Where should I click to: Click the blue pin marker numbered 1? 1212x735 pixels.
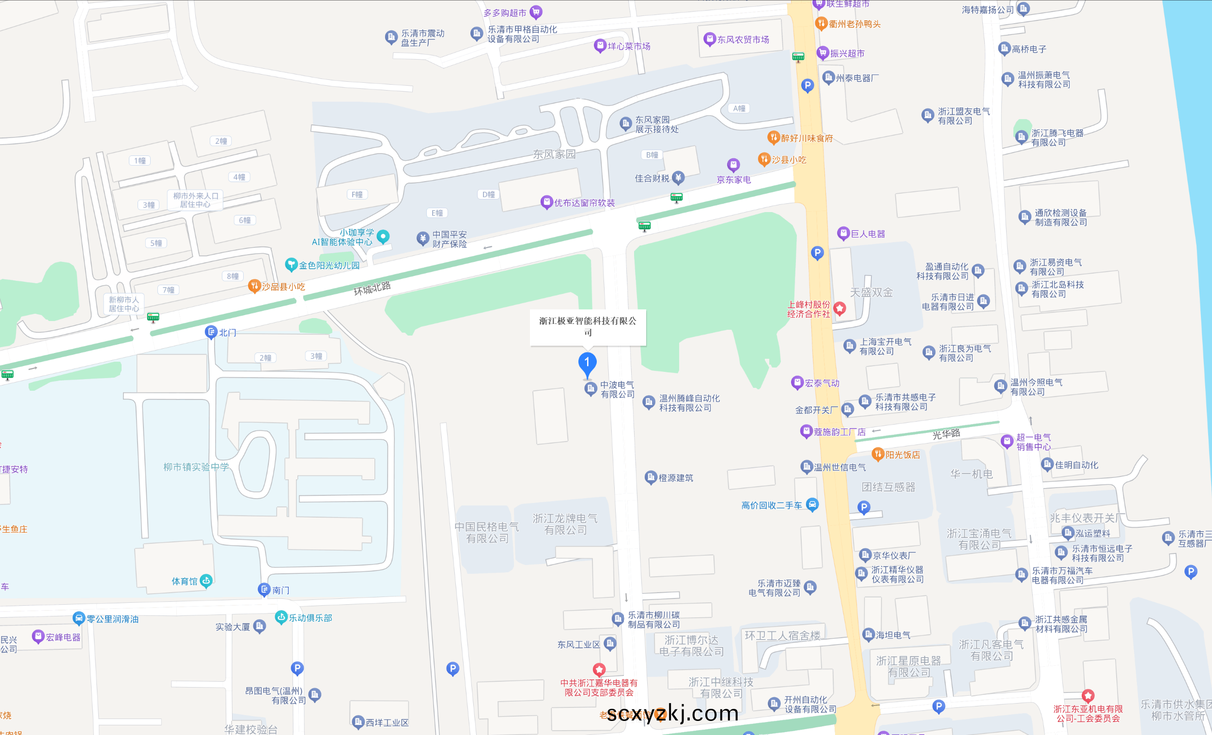pyautogui.click(x=587, y=364)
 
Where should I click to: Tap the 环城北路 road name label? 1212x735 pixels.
pyautogui.click(x=373, y=288)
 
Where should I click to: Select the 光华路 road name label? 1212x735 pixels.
pyautogui.click(x=946, y=434)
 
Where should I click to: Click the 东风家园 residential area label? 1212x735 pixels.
pyautogui.click(x=554, y=154)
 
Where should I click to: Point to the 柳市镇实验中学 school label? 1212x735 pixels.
pyautogui.click(x=196, y=467)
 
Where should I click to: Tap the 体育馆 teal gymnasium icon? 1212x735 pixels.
pyautogui.click(x=206, y=581)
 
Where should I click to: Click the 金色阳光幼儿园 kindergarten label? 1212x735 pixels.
pyautogui.click(x=329, y=265)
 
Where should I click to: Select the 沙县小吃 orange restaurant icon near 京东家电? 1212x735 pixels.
pyautogui.click(x=764, y=159)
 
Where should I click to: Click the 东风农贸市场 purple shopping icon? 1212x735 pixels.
pyautogui.click(x=709, y=39)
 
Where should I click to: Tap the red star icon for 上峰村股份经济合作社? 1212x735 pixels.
pyautogui.click(x=839, y=308)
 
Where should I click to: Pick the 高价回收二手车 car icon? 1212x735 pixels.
pyautogui.click(x=812, y=505)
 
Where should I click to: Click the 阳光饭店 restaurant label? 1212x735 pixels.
pyautogui.click(x=902, y=455)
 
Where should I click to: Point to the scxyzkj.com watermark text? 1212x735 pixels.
pyautogui.click(x=672, y=713)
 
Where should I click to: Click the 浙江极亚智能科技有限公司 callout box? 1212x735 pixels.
pyautogui.click(x=587, y=327)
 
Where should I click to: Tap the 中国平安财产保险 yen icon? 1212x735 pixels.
pyautogui.click(x=422, y=238)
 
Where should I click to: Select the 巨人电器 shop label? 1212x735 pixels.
pyautogui.click(x=868, y=234)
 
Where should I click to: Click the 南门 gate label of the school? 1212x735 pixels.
pyautogui.click(x=280, y=590)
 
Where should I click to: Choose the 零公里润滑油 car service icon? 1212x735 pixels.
pyautogui.click(x=78, y=618)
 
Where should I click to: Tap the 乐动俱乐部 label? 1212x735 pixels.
pyautogui.click(x=311, y=618)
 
